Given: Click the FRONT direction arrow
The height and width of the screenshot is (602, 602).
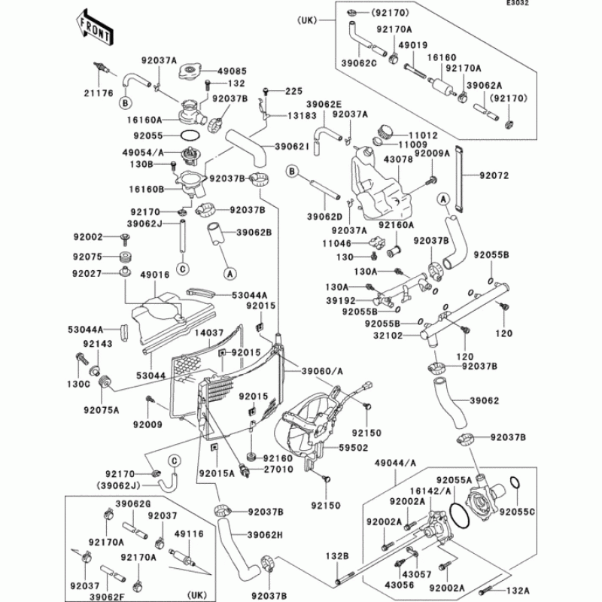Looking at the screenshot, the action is (x=94, y=27).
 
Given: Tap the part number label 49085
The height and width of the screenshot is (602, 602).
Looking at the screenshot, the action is (x=232, y=71).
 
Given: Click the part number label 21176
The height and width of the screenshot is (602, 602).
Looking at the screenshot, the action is (x=99, y=93).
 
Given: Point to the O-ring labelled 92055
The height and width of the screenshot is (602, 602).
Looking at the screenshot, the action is (x=190, y=135).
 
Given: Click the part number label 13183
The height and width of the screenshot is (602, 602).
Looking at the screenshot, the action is (x=303, y=116).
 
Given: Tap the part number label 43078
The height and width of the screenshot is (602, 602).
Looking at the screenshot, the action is (x=398, y=160).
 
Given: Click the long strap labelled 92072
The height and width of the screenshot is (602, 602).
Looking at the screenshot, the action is (x=459, y=178).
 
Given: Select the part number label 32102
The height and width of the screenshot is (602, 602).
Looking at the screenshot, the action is (x=388, y=336).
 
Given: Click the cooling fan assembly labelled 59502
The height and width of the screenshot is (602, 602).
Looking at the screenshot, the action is (x=310, y=424).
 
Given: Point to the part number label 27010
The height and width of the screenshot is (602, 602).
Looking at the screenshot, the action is (x=278, y=469).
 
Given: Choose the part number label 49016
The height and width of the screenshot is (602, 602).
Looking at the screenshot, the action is (x=155, y=275).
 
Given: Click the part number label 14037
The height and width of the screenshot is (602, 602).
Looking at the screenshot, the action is (x=209, y=333).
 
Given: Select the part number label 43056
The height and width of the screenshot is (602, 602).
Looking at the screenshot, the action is (x=400, y=585).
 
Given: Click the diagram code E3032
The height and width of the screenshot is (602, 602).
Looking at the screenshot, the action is (x=517, y=3).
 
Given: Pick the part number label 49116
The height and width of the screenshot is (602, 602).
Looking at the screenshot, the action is (x=189, y=534).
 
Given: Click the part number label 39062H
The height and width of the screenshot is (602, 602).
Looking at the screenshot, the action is (x=265, y=535).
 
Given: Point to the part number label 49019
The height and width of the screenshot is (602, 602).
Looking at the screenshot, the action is (x=412, y=45).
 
